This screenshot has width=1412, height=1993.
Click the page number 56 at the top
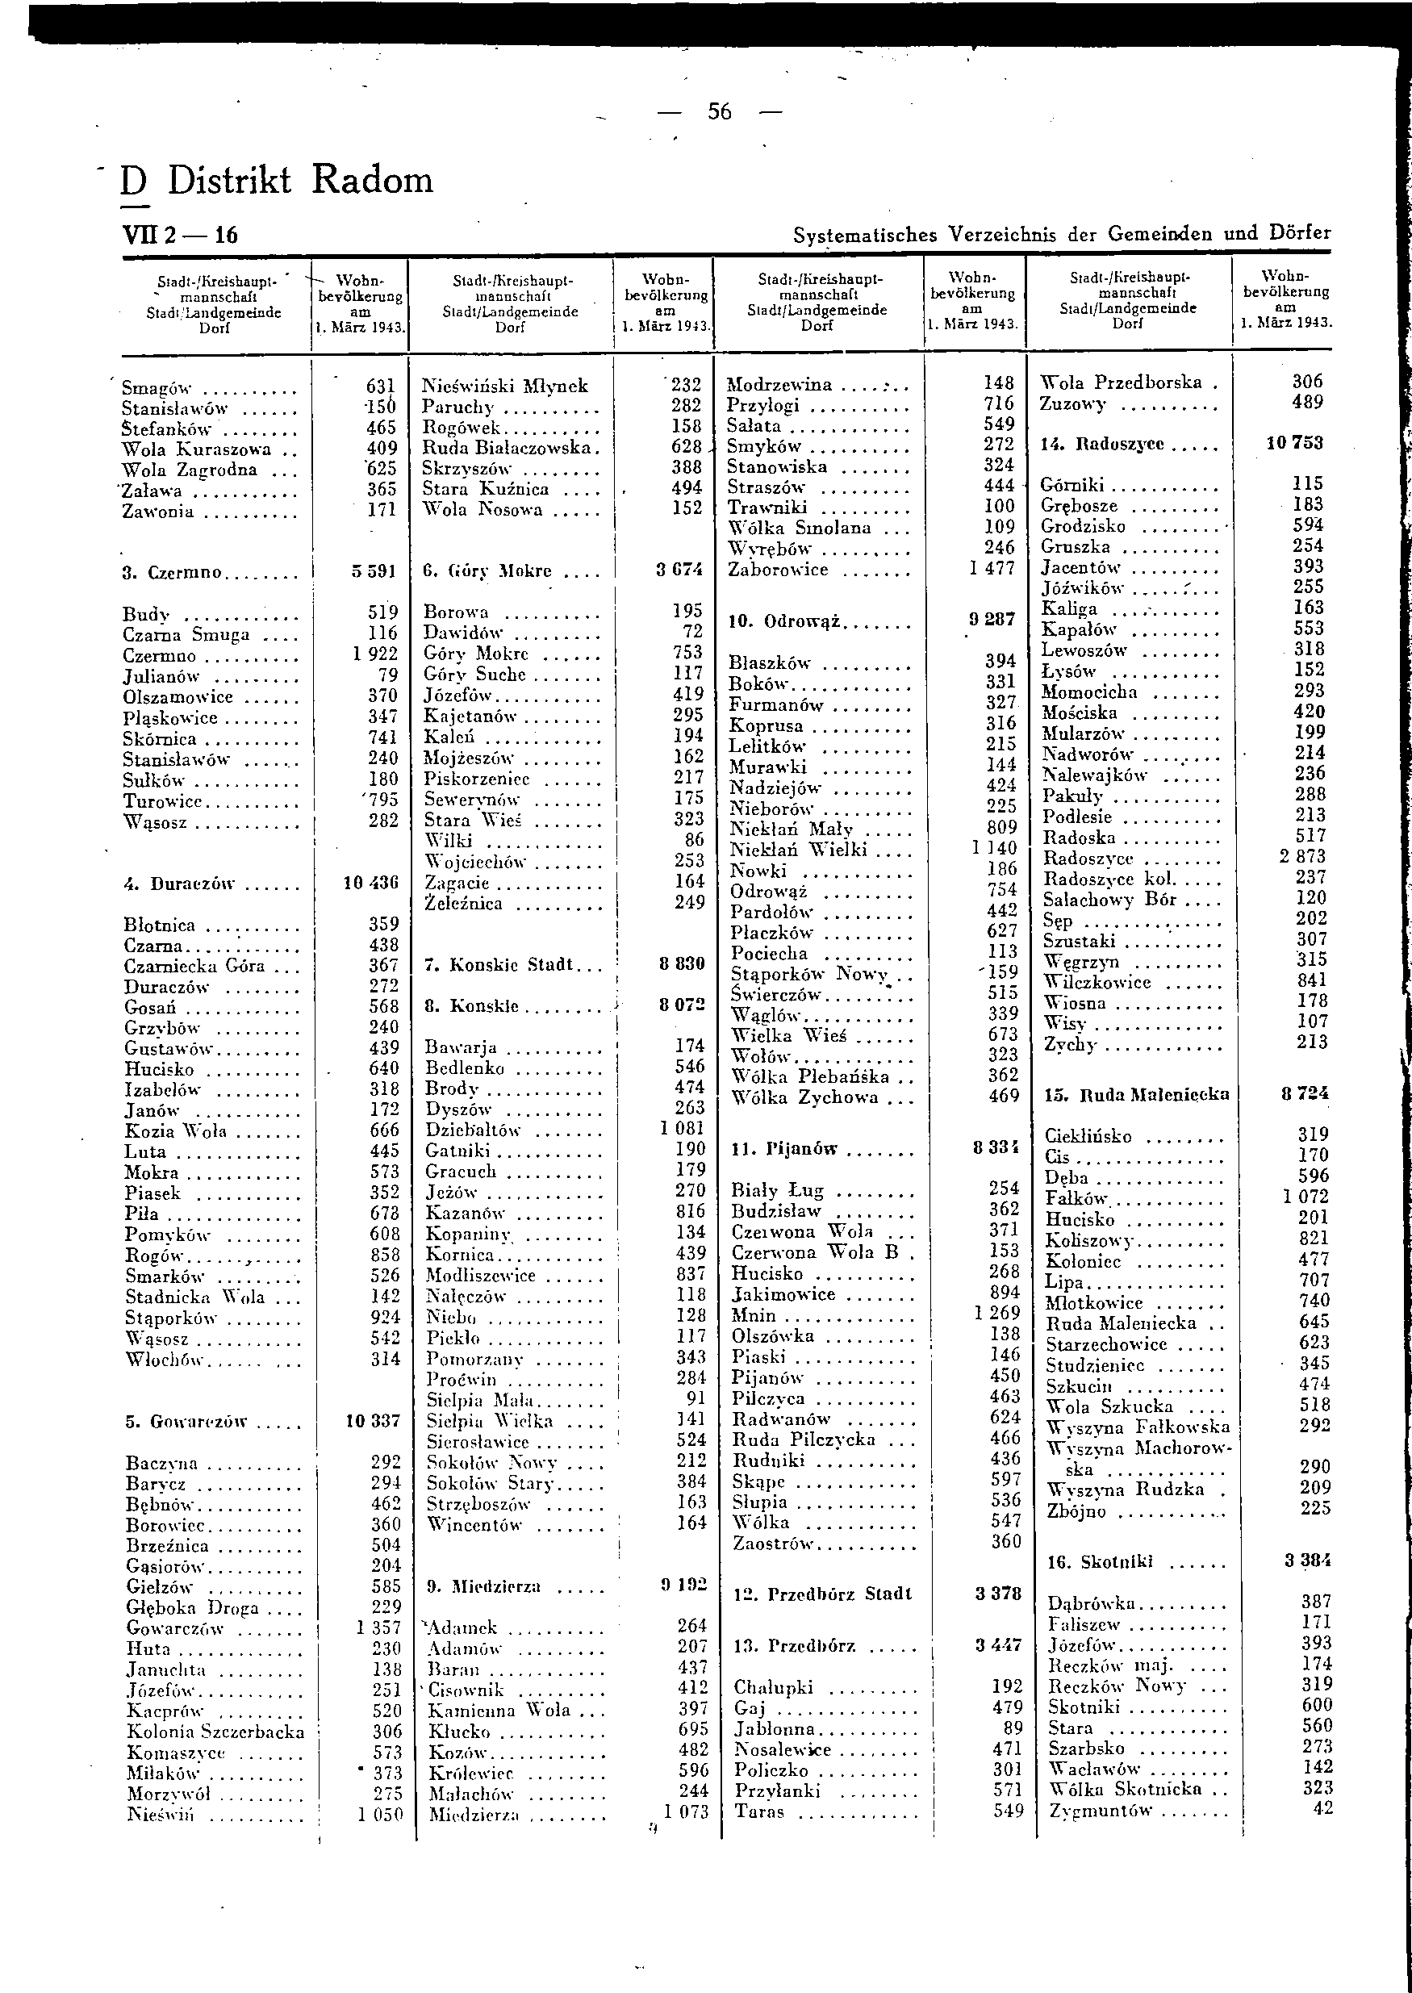719,111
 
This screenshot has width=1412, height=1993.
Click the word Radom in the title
372,180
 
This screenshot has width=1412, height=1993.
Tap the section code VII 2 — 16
180,235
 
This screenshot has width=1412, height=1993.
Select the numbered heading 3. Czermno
172,573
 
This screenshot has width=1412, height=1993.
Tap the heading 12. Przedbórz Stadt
821,1594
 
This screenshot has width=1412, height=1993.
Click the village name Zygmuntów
1100,1811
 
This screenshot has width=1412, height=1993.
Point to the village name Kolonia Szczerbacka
215,1732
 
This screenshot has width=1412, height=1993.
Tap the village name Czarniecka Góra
194,966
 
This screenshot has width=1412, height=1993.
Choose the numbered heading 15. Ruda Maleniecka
1136,1095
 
